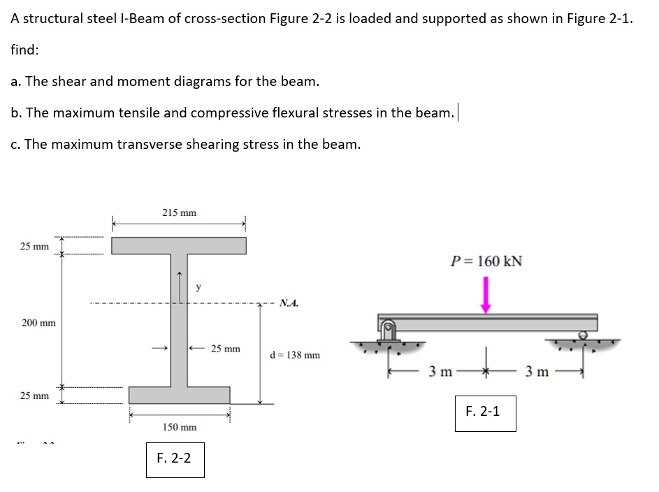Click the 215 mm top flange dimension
[x=179, y=212]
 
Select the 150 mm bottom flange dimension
[x=179, y=427]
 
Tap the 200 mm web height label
[x=38, y=323]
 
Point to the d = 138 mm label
[x=294, y=355]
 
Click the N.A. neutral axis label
[x=289, y=303]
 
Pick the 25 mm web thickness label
[x=225, y=348]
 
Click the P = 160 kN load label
[x=486, y=261]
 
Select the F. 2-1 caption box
[x=482, y=412]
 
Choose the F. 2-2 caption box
[x=175, y=458]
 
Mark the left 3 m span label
[x=442, y=371]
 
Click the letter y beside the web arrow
[x=198, y=287]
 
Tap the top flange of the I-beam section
[x=179, y=245]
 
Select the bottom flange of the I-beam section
[x=179, y=395]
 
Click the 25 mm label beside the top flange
[x=34, y=246]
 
